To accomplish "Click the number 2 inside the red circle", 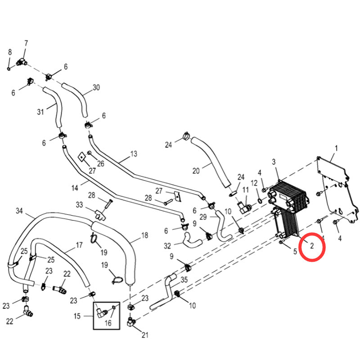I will (311, 245).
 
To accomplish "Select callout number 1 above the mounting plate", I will (335, 148).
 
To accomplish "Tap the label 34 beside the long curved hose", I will (19, 211).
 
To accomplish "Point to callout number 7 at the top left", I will (26, 43).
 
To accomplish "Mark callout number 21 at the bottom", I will (144, 334).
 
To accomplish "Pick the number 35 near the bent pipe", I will (184, 279).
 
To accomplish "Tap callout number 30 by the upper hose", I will (96, 87).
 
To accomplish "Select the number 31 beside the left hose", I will (40, 111).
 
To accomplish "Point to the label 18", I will (144, 235).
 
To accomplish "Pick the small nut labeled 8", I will (9, 68).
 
